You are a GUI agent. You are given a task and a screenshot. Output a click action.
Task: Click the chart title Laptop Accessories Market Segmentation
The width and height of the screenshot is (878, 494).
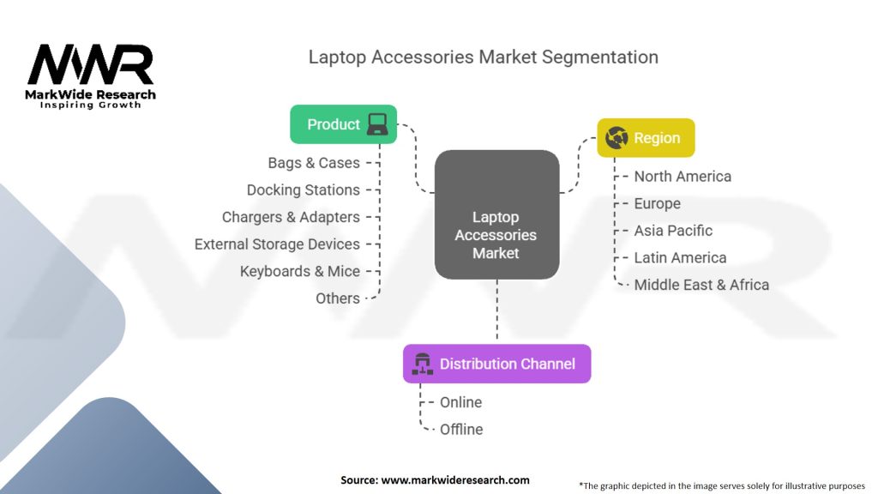point(484,57)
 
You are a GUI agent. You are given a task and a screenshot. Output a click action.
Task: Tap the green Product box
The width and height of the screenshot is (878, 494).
point(343,124)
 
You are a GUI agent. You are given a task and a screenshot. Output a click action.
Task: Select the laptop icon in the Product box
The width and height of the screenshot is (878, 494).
point(377,124)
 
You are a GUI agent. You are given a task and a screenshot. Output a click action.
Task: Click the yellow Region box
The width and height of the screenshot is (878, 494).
point(646,138)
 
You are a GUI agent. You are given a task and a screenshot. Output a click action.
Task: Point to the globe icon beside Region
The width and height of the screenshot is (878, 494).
point(616,138)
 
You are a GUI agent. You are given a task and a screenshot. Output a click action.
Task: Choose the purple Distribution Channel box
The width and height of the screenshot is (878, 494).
point(496,364)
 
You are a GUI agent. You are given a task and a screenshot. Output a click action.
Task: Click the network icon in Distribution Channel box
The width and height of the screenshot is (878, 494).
point(422,364)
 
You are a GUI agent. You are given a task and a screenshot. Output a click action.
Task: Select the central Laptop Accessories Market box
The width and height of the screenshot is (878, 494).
point(496,214)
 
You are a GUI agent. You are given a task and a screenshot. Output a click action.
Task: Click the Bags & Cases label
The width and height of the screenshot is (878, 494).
point(314,163)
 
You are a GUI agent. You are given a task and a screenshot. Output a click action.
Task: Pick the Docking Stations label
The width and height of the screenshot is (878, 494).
point(303,190)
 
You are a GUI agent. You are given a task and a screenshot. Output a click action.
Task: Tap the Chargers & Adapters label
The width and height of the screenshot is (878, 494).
point(291,217)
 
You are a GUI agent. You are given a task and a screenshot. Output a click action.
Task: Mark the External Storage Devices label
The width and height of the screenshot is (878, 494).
point(277,244)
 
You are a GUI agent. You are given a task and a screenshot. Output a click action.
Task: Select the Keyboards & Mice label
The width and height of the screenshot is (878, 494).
point(300,271)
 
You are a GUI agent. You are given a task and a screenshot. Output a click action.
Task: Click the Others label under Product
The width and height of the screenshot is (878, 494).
point(337,298)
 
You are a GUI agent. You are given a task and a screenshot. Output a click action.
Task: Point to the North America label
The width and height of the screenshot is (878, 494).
point(683,177)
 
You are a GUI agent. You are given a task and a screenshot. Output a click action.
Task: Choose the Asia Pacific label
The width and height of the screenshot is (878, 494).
point(673,231)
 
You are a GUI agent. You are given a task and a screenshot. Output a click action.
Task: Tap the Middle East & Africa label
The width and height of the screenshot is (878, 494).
point(701,285)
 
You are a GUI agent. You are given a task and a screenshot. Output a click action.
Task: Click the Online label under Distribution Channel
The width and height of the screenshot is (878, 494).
point(460,402)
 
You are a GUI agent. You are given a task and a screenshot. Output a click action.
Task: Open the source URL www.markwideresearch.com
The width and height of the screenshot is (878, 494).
point(455,480)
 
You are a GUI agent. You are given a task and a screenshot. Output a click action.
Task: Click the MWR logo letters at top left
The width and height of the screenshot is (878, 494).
point(90,65)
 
